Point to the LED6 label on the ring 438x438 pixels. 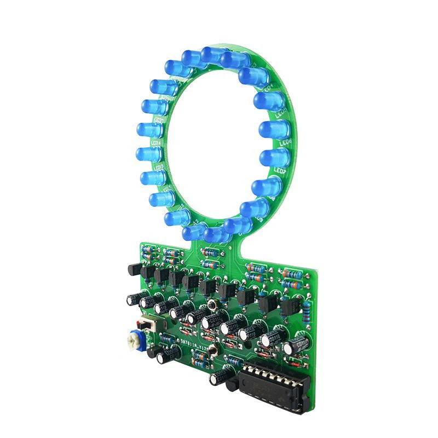pos(285,143)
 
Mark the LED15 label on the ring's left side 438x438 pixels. pos(159,166)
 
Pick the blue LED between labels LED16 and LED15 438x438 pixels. pos(148,154)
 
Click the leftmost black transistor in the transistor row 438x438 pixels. pos(134,269)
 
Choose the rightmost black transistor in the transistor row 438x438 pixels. pos(288,307)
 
